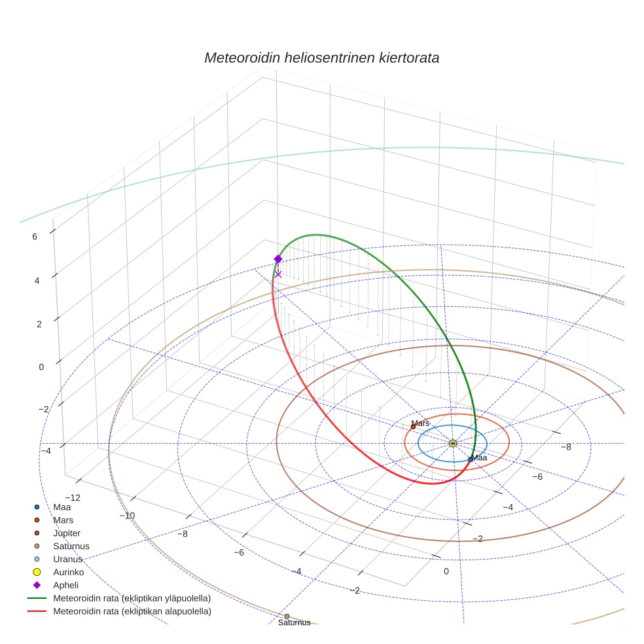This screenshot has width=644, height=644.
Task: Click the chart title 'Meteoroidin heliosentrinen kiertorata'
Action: pos(321,58)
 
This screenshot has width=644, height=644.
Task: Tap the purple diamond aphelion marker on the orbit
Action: pos(278,259)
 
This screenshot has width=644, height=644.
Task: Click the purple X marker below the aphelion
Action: pos(278,274)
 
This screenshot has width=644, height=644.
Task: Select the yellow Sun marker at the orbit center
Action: pos(453,443)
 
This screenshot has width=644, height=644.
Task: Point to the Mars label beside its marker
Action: pos(420,423)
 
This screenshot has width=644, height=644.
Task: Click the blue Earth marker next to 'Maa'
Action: pos(470,459)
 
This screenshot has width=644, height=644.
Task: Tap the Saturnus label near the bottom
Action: pos(294,622)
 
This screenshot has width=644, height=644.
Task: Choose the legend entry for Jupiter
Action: pos(67,533)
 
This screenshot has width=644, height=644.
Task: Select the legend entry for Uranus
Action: pos(67,559)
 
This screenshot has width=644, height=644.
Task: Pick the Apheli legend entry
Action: pos(65,585)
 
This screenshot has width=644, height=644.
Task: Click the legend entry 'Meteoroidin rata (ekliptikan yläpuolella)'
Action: pos(132,598)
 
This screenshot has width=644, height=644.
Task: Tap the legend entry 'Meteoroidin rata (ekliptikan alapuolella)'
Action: pos(132,611)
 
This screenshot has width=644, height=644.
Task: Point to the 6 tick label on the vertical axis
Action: pos(35,237)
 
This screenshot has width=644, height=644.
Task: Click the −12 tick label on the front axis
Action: pos(73,498)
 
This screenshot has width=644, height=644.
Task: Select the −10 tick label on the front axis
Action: pos(127,515)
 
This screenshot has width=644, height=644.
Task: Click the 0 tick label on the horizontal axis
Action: pos(446,571)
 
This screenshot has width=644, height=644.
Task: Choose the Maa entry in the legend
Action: pos(62,507)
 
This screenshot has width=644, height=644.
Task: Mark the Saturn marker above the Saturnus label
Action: pos(287,616)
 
